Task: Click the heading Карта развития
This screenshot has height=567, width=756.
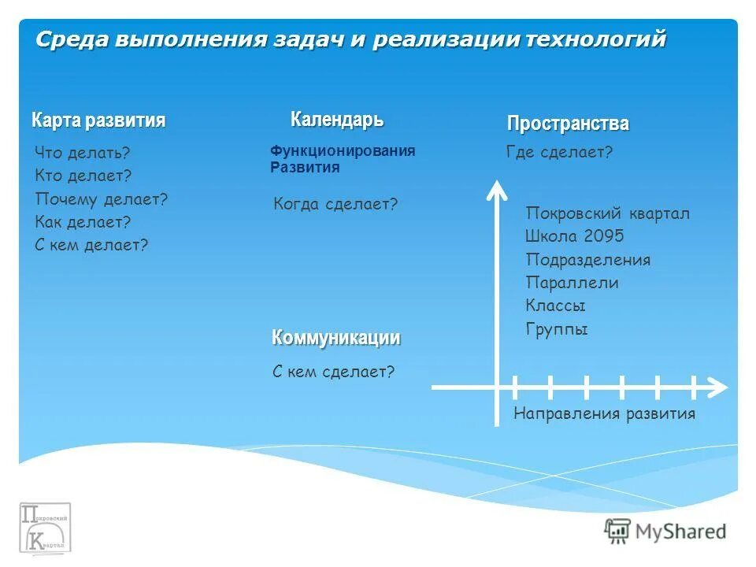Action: [98, 120]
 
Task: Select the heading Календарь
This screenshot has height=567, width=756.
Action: [337, 120]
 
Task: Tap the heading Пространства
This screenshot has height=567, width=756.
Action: [568, 124]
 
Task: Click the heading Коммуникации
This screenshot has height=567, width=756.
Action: [336, 338]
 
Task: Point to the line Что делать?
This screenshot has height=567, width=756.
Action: [83, 154]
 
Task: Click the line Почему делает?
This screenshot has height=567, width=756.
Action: [102, 199]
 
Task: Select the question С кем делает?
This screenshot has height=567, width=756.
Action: [91, 245]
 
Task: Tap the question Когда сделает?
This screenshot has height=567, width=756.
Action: [335, 205]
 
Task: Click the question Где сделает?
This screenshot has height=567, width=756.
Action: [559, 153]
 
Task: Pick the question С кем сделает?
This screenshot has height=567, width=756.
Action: [333, 371]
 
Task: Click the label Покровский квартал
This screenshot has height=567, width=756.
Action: [607, 214]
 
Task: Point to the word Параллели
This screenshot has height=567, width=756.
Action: [572, 283]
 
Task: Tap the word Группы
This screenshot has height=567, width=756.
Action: [557, 329]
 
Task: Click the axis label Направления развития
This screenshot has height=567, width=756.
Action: [604, 414]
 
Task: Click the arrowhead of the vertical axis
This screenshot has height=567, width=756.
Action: [496, 189]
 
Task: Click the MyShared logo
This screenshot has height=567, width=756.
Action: [665, 531]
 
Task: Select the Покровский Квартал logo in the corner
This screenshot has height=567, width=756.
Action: [46, 527]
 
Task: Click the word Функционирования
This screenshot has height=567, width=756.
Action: [343, 151]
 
